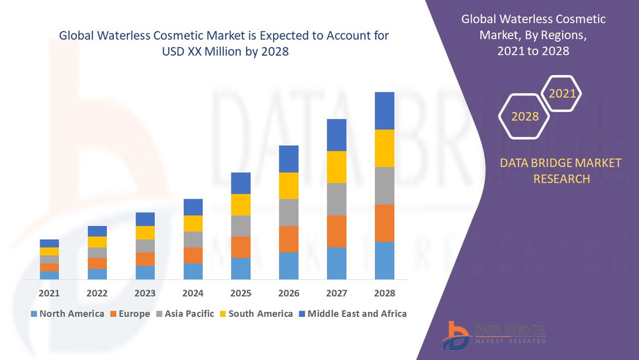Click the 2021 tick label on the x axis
click(x=49, y=293)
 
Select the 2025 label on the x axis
click(x=240, y=293)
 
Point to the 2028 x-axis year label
click(x=384, y=293)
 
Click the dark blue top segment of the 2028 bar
click(x=384, y=111)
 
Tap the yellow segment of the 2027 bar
click(x=336, y=167)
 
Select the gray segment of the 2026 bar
click(x=288, y=212)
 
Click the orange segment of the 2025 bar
click(x=240, y=247)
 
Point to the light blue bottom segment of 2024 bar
click(x=192, y=271)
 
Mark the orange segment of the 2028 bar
click(x=384, y=223)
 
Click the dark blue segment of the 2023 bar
click(x=144, y=219)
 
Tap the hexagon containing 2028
click(x=525, y=117)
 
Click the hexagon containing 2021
click(x=561, y=93)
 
